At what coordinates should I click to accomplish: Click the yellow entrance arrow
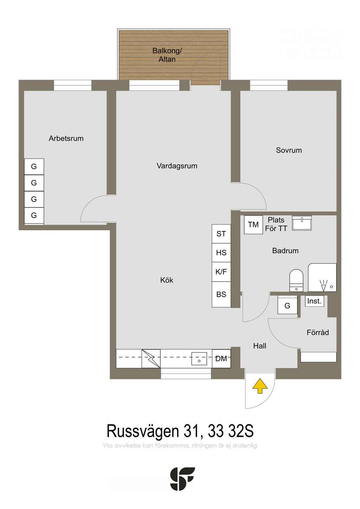point(260,386)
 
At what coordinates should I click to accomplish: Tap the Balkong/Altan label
point(167,55)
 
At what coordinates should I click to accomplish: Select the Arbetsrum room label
point(66,138)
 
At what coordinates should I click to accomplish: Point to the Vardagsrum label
point(177,166)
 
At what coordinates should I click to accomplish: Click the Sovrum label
point(289,150)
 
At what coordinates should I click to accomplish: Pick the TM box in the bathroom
point(253,225)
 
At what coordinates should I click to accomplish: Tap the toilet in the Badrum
point(296,280)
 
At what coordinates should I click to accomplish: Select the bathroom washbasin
point(302,223)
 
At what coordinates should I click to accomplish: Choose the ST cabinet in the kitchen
point(221,234)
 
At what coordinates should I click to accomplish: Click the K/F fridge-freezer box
point(221,272)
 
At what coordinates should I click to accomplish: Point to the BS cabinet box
point(221,295)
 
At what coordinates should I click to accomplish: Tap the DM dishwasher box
point(221,359)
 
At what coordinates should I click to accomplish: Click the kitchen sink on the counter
point(199,359)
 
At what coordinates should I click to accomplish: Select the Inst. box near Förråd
point(314,301)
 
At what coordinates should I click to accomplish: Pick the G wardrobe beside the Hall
point(287,305)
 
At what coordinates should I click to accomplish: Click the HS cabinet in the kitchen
point(221,253)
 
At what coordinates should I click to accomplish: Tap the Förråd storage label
point(318,333)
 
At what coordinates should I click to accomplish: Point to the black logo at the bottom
point(182,479)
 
